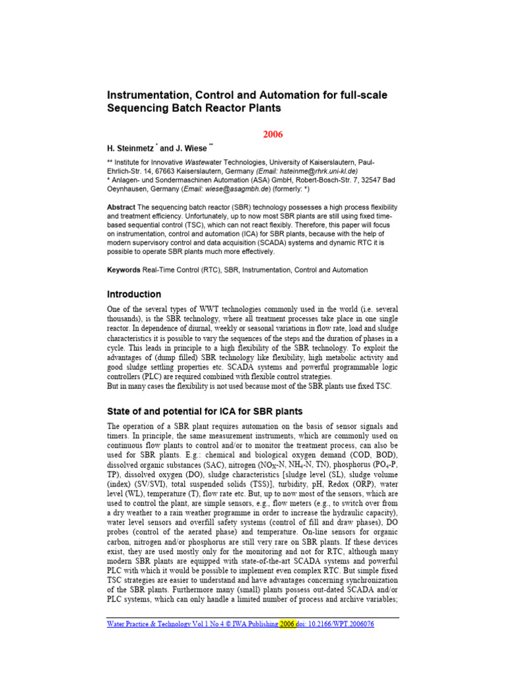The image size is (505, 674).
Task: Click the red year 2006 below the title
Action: click(273, 134)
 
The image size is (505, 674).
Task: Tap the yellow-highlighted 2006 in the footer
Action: click(287, 624)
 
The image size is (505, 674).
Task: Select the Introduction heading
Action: click(134, 294)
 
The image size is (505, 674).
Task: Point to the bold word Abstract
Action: click(121, 207)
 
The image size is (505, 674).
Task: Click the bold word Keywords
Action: click(124, 270)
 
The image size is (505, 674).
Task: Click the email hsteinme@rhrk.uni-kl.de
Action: click(298, 170)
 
